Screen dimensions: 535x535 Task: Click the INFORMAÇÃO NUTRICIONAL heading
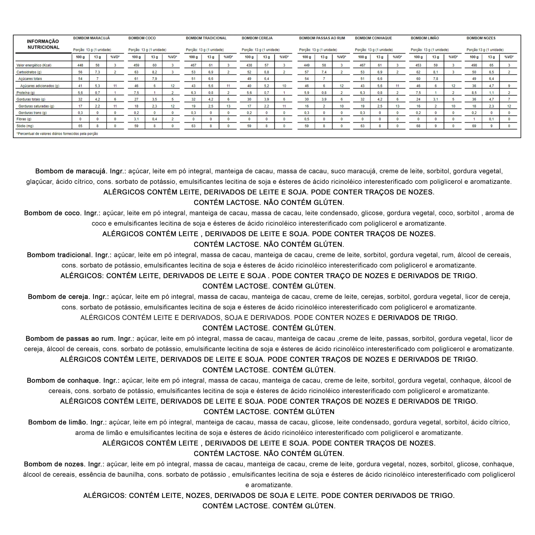[x=43, y=44]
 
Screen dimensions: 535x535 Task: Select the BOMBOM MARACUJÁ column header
[x=91, y=38]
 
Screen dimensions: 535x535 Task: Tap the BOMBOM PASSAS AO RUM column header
[x=322, y=38]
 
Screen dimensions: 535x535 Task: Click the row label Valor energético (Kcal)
[x=34, y=65]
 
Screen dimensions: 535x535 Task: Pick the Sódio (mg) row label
[x=25, y=126]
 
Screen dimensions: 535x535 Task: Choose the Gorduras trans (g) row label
[x=32, y=113]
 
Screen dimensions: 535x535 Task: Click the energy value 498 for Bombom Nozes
[x=474, y=65]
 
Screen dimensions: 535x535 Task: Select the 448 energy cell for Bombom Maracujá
[x=80, y=65]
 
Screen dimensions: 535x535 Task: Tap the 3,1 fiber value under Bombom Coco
[x=136, y=119]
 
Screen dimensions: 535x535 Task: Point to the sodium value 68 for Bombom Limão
[x=418, y=126]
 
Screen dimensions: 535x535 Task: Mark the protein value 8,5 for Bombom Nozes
[x=474, y=93]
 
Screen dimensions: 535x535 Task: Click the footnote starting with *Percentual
[x=57, y=134]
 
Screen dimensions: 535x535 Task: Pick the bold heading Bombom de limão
[x=58, y=422]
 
